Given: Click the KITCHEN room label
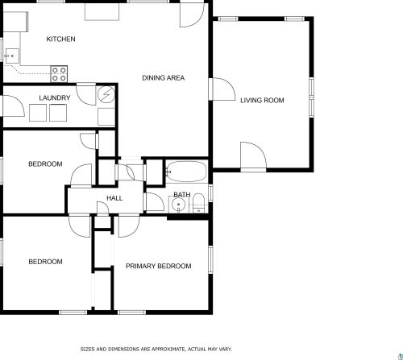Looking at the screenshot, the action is (60, 39).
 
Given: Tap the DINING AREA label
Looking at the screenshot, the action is (164, 78).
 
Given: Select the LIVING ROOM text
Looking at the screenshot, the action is (262, 101).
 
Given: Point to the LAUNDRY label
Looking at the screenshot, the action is (55, 97).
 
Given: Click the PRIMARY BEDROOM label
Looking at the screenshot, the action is (159, 266).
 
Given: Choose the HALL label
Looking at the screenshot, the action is (114, 198).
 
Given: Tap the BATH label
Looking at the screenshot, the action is (182, 194).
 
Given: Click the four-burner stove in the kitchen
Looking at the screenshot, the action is (59, 74).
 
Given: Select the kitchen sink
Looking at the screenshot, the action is (12, 56).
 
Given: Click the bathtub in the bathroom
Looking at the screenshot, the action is (186, 172).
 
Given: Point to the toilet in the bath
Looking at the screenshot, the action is (199, 203).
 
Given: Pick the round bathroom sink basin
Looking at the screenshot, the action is (178, 205).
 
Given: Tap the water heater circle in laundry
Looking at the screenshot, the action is (106, 94).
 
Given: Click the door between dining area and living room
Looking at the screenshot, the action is (222, 89).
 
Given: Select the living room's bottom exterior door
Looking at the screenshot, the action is (253, 156).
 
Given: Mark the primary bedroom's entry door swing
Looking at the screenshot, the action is (129, 226).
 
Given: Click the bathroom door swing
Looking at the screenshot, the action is (154, 201).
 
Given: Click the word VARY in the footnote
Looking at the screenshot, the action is (224, 350).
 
